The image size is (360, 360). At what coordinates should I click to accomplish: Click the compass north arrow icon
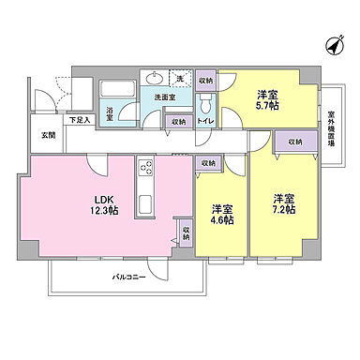pyautogui.click(x=332, y=43)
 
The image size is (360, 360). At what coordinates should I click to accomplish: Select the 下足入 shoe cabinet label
pyautogui.click(x=80, y=121)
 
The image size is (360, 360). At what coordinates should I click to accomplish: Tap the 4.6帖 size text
pyautogui.click(x=222, y=220)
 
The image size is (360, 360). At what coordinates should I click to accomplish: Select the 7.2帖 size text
pyautogui.click(x=285, y=211)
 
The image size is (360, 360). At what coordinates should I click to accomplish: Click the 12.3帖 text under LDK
pyautogui.click(x=104, y=211)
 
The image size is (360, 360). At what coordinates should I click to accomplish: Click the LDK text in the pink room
pyautogui.click(x=104, y=198)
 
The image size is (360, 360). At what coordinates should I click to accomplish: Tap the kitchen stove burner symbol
pyautogui.click(x=146, y=169)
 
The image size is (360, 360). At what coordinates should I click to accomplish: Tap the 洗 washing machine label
pyautogui.click(x=180, y=79)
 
